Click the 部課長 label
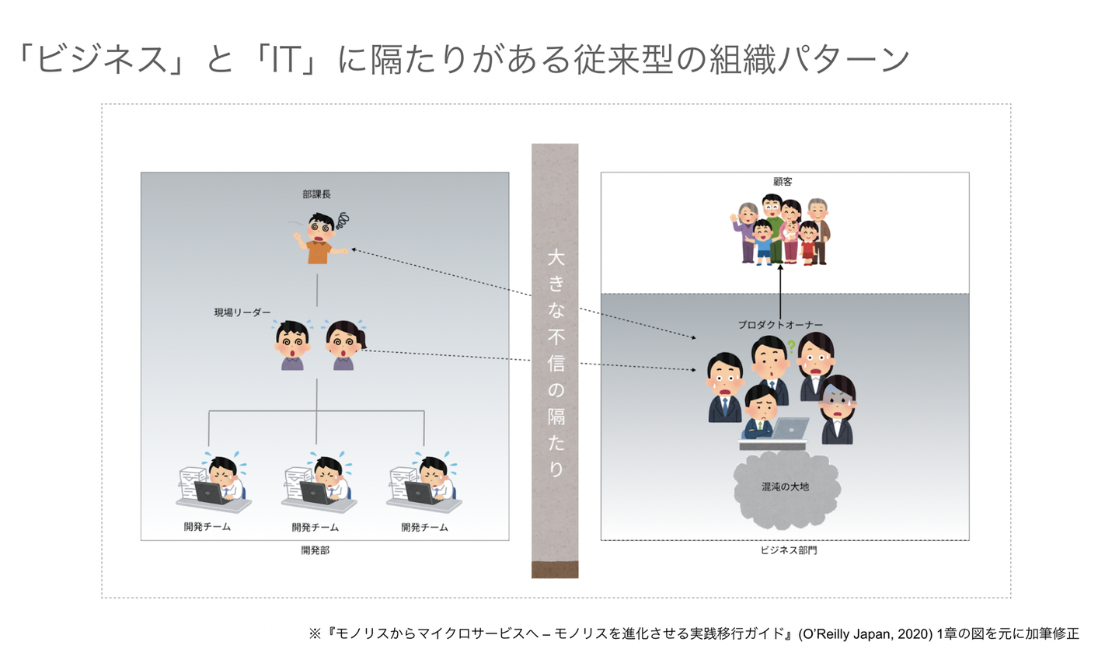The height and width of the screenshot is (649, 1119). (x=316, y=194)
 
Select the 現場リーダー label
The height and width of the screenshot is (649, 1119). (x=242, y=312)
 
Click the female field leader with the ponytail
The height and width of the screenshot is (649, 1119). (x=345, y=345)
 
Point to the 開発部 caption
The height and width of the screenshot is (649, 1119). (x=315, y=550)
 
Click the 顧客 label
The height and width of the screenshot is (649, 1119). (x=783, y=181)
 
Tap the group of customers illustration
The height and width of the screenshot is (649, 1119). (x=781, y=229)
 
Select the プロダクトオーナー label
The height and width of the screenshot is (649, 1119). (x=780, y=325)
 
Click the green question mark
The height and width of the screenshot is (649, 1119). (x=791, y=346)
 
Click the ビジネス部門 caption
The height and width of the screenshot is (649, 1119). (x=788, y=550)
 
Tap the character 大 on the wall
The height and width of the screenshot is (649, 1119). (x=556, y=258)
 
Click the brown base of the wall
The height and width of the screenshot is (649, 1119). (x=555, y=570)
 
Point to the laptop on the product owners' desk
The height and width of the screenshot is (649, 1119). (x=790, y=429)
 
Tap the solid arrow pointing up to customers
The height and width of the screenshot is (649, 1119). (x=780, y=291)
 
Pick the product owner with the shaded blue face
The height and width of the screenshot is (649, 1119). (x=837, y=410)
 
